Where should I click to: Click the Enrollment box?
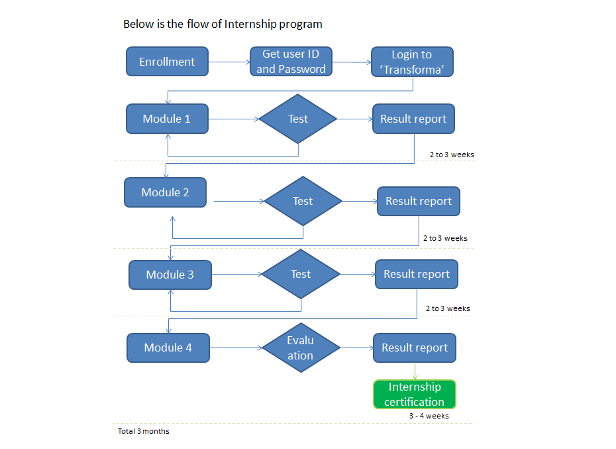[x=167, y=62]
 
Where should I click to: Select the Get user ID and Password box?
[x=291, y=62]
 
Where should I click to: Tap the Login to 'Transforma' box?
[x=411, y=62]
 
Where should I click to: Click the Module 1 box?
[x=167, y=119]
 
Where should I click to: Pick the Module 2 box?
[x=165, y=192]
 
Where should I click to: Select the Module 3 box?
[x=170, y=275]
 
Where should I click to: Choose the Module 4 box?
[x=168, y=348]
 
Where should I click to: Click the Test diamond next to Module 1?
[x=297, y=119]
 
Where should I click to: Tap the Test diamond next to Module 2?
[x=302, y=201]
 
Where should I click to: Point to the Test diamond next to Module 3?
[x=300, y=274]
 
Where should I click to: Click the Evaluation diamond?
[x=300, y=348]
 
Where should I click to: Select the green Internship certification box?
[x=415, y=394]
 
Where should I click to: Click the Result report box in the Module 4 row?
[x=415, y=348]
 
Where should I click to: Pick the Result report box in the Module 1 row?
[x=413, y=119]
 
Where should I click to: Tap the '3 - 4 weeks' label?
[x=429, y=416]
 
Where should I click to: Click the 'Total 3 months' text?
[x=143, y=431]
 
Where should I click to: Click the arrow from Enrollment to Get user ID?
[x=229, y=62]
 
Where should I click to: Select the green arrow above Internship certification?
[x=415, y=371]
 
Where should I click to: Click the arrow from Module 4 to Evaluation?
[x=236, y=348]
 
